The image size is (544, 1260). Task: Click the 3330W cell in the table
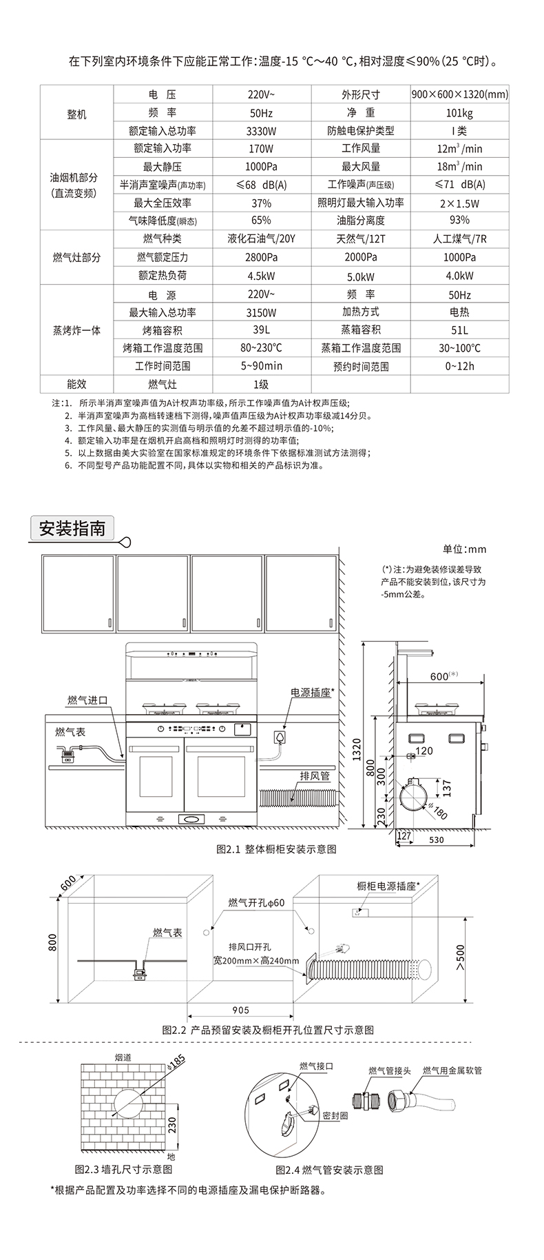pyautogui.click(x=262, y=131)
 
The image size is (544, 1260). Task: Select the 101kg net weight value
pyautogui.click(x=459, y=113)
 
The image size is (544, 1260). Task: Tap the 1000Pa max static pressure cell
pyautogui.click(x=262, y=167)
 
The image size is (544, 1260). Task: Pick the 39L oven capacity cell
pyautogui.click(x=262, y=330)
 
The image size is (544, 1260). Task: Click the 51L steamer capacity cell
pyautogui.click(x=459, y=330)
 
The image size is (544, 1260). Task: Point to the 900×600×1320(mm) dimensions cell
pyautogui.click(x=459, y=95)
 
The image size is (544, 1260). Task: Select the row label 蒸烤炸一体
pyautogui.click(x=76, y=330)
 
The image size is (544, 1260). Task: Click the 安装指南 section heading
pyautogui.click(x=72, y=529)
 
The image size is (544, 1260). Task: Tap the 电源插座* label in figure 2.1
pyautogui.click(x=312, y=693)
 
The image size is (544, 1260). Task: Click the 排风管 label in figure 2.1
pyautogui.click(x=315, y=775)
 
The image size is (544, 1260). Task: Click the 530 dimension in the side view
pyautogui.click(x=436, y=840)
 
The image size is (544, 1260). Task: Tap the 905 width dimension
pyautogui.click(x=241, y=1010)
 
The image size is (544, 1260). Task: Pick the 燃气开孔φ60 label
pyautogui.click(x=256, y=903)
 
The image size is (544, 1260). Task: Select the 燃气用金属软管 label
pyautogui.click(x=452, y=1070)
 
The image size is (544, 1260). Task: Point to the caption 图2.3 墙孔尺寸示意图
pyautogui.click(x=123, y=1169)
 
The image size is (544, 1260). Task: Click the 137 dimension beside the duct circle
pyautogui.click(x=446, y=785)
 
